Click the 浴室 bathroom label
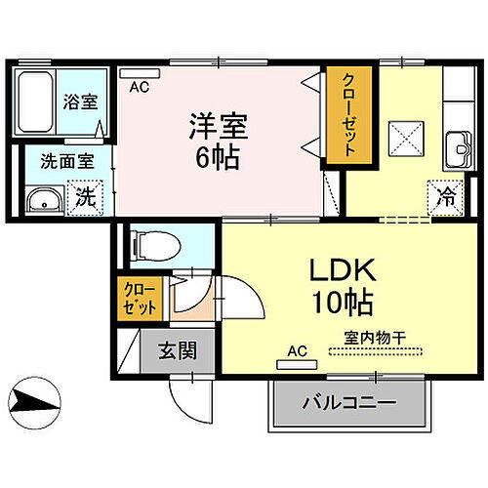(x=80, y=101)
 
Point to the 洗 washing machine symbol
(x=86, y=197)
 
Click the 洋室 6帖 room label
(x=220, y=141)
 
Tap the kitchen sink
(x=457, y=151)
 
